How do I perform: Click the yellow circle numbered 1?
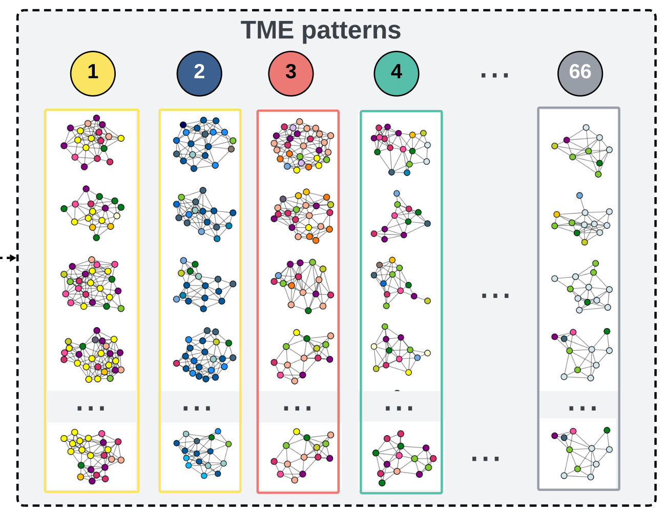pos(93,74)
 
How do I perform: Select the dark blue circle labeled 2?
pos(199,74)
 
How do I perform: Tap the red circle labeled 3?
pos(291,74)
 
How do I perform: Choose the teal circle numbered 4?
pos(397,74)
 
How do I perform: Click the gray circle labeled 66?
pos(580,74)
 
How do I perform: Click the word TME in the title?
pos(267,30)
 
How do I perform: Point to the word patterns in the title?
pos(351,31)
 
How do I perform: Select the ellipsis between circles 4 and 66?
pos(494,76)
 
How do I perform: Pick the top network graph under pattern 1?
pos(92,142)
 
